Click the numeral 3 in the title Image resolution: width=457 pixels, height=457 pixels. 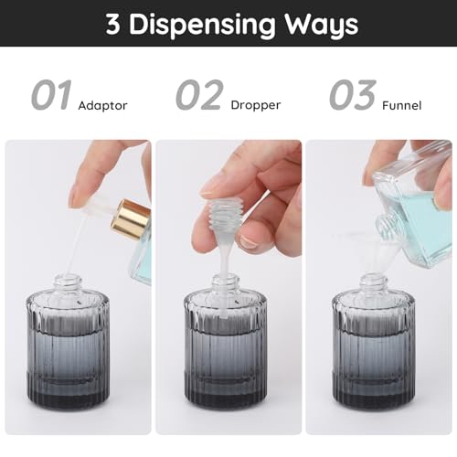pos(113,24)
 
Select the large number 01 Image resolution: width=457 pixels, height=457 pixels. pos(52,96)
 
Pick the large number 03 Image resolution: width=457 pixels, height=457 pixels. pos(352,96)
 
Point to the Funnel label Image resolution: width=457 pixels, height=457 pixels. pos(402,106)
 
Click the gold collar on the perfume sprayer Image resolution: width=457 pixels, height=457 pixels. pos(131,219)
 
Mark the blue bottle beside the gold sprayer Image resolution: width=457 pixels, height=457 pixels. pos(141,260)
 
